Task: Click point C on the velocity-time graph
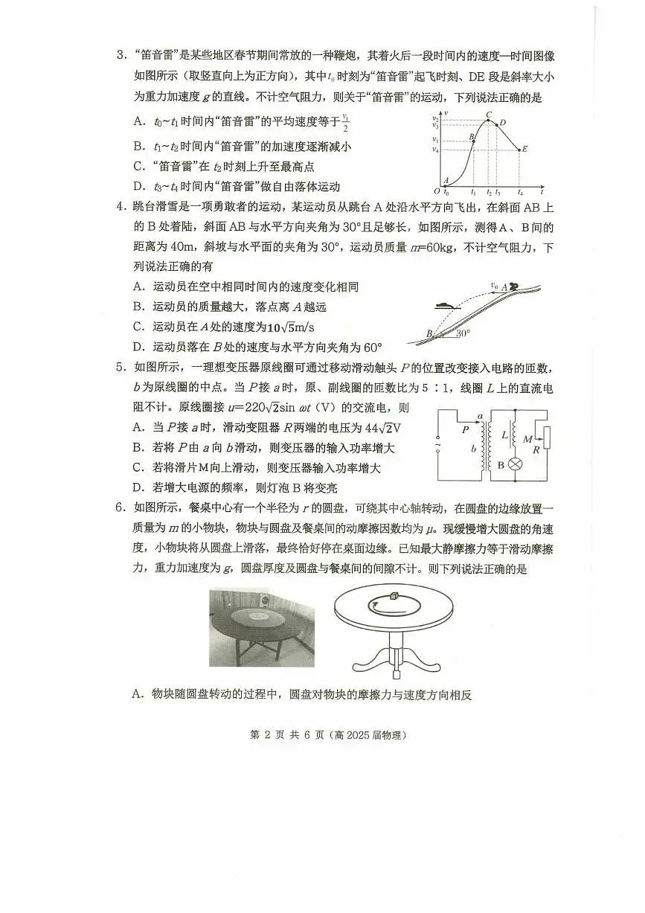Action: pos(488,115)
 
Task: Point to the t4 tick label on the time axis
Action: pos(519,193)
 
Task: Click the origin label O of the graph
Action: pos(437,192)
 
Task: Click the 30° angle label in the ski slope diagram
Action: pos(463,334)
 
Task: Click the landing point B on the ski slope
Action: pos(430,334)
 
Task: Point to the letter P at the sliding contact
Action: pos(465,429)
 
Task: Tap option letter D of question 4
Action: pos(138,347)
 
